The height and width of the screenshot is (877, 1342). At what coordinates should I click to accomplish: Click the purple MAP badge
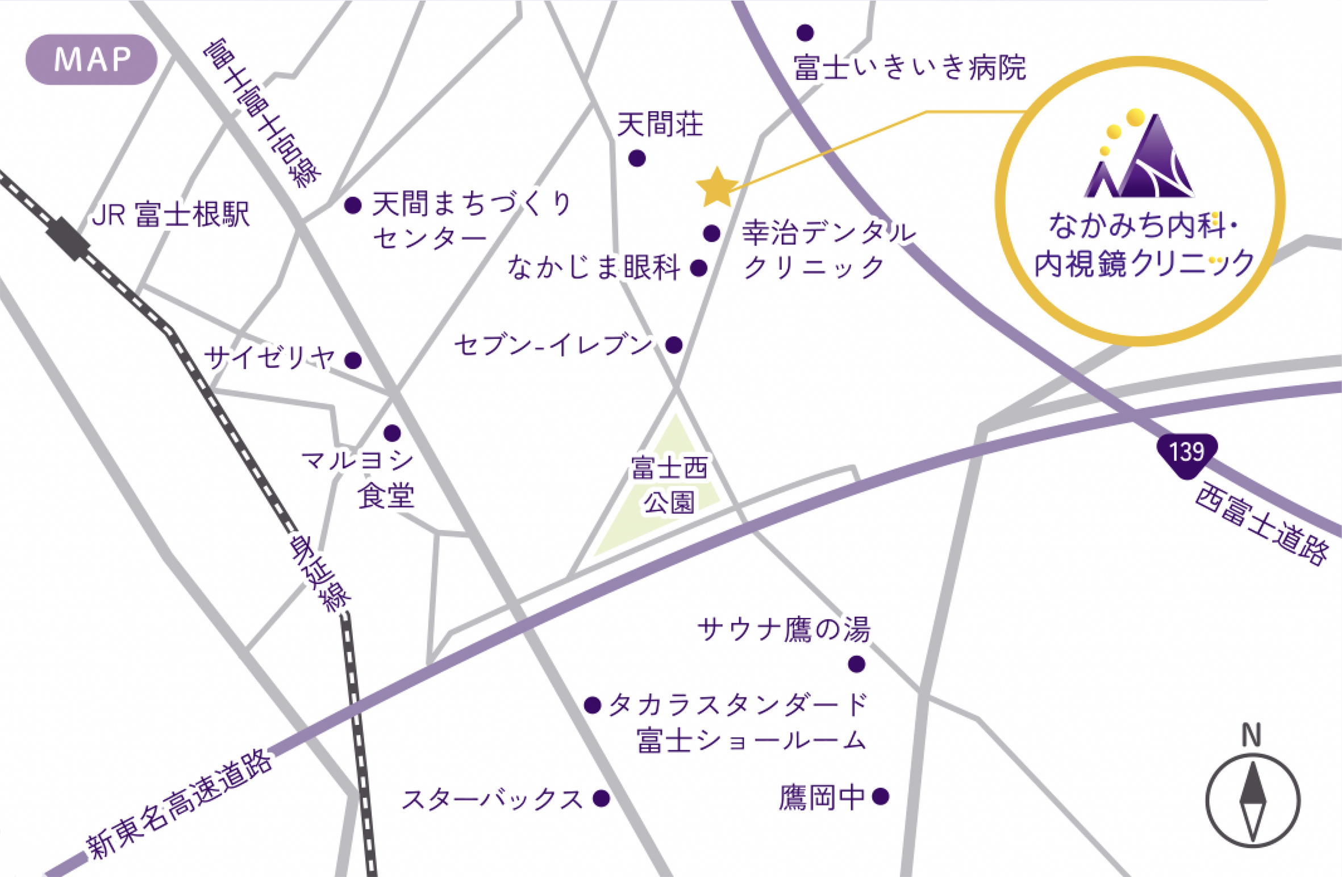coord(91,60)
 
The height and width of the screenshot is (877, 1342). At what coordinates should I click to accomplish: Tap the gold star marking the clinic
coord(717,187)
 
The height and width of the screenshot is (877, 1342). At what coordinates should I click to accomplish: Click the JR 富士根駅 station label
coord(170,215)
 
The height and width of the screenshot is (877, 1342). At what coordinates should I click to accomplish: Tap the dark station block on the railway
coord(68,239)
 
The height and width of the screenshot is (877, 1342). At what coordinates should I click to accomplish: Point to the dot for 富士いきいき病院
coord(805,33)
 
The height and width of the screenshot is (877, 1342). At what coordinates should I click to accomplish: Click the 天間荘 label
coord(660,124)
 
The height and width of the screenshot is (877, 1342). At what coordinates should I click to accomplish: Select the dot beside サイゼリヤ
coord(353,360)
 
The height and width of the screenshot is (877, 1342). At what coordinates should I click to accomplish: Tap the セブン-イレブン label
coord(553,345)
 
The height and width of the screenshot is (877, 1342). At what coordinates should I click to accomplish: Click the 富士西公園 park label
coord(669,485)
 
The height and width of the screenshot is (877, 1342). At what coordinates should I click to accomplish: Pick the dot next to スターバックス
coord(601,799)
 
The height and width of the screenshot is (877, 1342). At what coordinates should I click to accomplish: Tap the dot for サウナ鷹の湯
coord(856,663)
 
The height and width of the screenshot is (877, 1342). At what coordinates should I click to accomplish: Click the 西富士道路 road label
coord(1261,523)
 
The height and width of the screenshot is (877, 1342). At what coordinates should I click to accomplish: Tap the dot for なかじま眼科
coord(698,268)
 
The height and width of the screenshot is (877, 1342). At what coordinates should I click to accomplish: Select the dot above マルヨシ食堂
coord(392,433)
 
